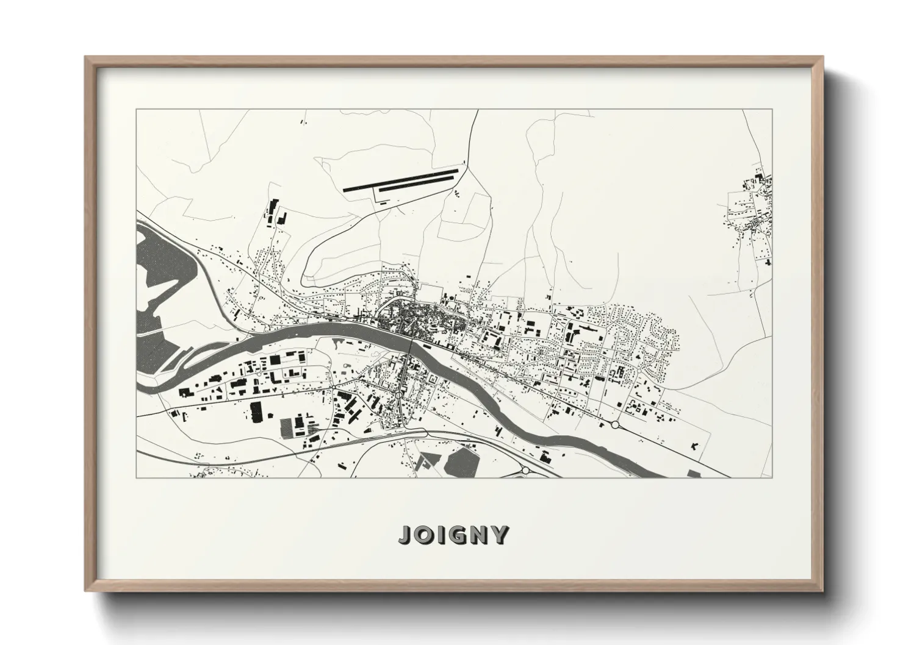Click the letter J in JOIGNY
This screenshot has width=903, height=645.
click(406, 535)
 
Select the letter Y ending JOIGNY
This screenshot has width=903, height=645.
click(498, 535)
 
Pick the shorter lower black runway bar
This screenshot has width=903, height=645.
click(418, 185)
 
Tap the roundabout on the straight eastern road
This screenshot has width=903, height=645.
click(615, 424)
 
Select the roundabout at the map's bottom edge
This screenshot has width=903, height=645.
click(526, 471)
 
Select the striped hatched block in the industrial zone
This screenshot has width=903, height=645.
click(286, 426)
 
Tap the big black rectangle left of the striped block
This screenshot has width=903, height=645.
click(256, 412)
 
